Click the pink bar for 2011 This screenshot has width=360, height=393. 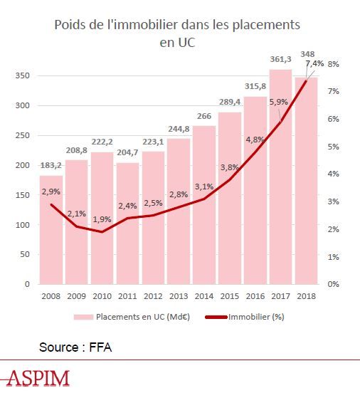[128, 224]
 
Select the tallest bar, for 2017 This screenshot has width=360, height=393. [281, 177]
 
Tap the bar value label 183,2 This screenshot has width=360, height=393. [51, 165]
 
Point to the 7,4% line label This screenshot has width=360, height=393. [314, 63]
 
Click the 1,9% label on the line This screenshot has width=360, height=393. [102, 219]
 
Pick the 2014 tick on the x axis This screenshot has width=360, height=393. [204, 296]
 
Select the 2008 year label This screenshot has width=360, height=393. [51, 296]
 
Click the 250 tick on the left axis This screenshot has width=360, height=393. [23, 135]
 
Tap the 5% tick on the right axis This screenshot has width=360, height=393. [334, 147]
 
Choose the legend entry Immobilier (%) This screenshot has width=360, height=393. [245, 317]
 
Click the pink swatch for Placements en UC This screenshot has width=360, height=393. [83, 317]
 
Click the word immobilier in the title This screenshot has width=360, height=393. [142, 25]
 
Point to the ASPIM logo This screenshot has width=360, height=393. [36, 378]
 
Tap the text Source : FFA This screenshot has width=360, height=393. [75, 347]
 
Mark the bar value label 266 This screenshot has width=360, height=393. [204, 116]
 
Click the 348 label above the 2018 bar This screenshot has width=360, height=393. [307, 54]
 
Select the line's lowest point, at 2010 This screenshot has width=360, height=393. [102, 232]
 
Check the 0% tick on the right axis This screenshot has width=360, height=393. [334, 284]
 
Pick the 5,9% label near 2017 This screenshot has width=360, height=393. [279, 103]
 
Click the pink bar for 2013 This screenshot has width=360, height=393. [179, 211]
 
